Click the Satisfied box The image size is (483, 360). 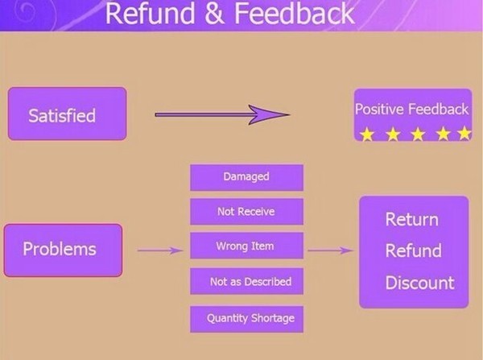click(67, 114)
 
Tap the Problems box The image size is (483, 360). click(63, 250)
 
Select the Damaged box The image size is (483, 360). click(246, 177)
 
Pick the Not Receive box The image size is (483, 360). click(246, 212)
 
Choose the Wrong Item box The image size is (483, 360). click(246, 246)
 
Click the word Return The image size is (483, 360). click(411, 220)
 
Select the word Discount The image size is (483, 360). click(419, 283)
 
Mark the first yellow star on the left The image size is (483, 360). click(366, 134)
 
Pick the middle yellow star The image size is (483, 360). click(416, 134)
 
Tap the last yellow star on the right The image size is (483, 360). click(464, 134)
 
